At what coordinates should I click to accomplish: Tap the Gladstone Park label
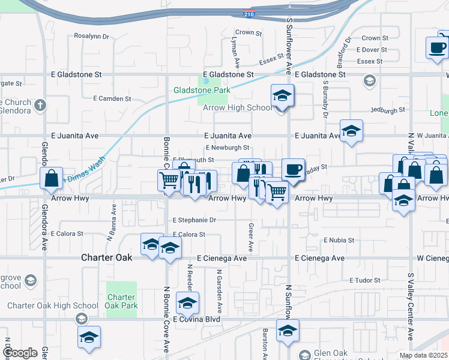click(202, 90)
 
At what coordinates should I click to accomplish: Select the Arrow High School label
click(237, 108)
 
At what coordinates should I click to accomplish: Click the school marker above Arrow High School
click(281, 95)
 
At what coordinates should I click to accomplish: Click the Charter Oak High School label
click(53, 305)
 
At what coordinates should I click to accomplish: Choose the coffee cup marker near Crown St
click(436, 47)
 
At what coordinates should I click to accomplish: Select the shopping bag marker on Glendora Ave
click(52, 178)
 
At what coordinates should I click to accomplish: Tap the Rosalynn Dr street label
click(92, 36)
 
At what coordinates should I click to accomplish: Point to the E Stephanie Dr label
click(194, 220)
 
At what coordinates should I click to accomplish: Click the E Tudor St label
click(365, 280)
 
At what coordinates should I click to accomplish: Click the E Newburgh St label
click(227, 148)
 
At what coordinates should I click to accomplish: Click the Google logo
click(20, 353)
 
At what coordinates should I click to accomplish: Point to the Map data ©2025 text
click(423, 355)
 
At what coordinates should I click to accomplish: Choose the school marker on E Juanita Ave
click(351, 130)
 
